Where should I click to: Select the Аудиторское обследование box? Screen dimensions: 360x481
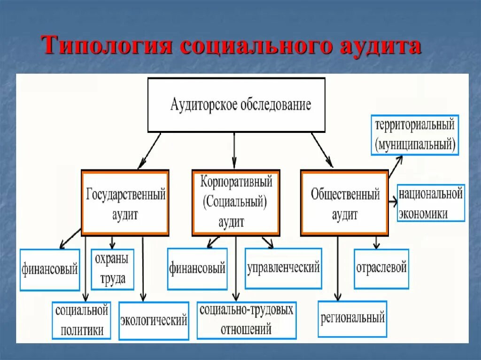[236, 105]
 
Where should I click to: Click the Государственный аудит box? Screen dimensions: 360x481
[125, 202]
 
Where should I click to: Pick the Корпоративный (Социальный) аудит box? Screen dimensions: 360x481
[236, 202]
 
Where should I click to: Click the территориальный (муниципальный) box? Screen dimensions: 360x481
[414, 135]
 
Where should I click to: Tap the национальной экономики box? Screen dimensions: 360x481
[431, 203]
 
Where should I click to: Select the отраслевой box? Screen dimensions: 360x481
[381, 268]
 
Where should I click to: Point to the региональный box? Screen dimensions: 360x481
[352, 318]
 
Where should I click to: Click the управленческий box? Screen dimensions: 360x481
[283, 268]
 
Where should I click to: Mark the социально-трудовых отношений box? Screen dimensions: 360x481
[246, 320]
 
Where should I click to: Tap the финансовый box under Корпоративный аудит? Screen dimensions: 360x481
[197, 268]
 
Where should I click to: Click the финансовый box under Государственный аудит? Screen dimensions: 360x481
[49, 270]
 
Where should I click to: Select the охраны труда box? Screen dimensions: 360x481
[112, 268]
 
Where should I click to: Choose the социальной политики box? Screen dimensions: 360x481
[81, 320]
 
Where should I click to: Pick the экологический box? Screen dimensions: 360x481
[154, 321]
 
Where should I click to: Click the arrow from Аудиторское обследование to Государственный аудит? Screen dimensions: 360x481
[149, 151]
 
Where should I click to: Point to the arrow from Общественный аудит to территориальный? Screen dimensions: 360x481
[395, 167]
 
